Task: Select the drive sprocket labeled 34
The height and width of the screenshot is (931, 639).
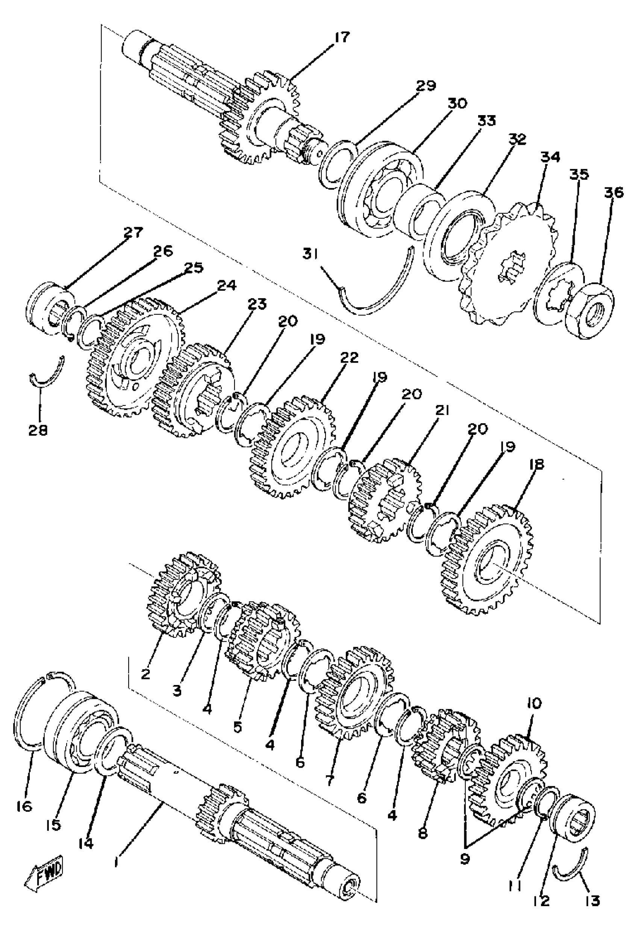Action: (509, 264)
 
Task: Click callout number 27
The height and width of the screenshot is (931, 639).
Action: (133, 233)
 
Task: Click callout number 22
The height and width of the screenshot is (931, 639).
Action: (349, 358)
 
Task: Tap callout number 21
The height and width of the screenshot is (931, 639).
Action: (440, 411)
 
